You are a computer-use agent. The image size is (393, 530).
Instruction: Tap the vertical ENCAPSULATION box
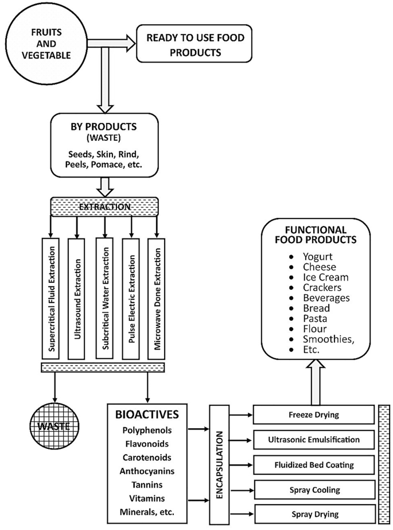click(220, 465)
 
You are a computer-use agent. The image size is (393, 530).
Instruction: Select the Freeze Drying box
click(313, 415)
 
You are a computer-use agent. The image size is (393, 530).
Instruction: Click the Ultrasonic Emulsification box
click(313, 440)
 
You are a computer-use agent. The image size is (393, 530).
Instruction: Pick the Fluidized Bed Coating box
click(313, 465)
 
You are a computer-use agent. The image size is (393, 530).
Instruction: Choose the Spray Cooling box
click(313, 490)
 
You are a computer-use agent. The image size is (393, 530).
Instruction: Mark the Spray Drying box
click(313, 514)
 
